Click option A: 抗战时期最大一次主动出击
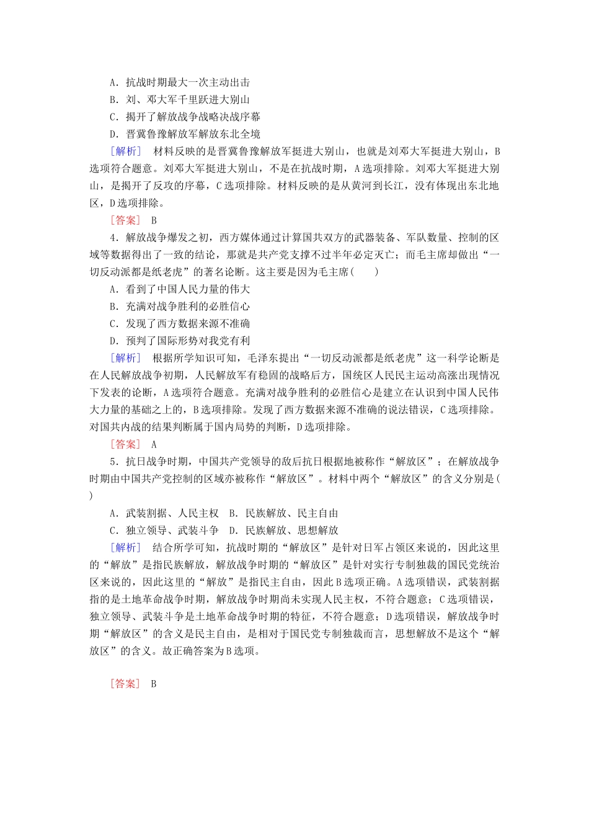[180, 82]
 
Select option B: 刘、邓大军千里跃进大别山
[180, 99]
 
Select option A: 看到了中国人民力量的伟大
[180, 289]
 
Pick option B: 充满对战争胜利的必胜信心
[180, 307]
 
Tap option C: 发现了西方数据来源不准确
[180, 323]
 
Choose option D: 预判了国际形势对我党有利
[180, 341]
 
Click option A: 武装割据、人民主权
[164, 513]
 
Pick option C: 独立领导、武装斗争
[164, 531]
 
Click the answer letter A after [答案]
[154, 444]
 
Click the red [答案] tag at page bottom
[125, 684]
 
